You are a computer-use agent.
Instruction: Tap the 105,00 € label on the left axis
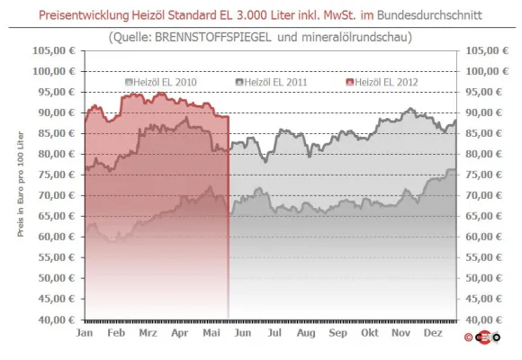[x=56, y=50]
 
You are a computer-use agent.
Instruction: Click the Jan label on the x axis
[x=85, y=332]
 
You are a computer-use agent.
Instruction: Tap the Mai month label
[x=213, y=332]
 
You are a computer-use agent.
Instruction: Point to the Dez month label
[x=432, y=332]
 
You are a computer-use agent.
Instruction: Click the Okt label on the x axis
[x=369, y=332]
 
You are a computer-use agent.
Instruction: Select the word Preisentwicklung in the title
[x=91, y=15]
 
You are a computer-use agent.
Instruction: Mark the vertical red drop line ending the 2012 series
[x=229, y=216]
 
